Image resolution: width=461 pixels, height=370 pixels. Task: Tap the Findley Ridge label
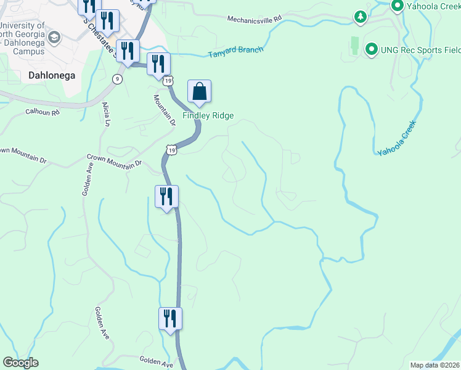207,115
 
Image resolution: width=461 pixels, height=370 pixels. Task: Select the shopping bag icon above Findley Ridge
199,92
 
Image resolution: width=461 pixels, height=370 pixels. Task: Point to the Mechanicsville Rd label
254,19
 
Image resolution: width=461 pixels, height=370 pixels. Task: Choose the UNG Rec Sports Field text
420,49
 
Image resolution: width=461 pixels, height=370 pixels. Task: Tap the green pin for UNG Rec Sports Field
372,49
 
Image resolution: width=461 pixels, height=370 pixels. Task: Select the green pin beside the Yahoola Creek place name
398,7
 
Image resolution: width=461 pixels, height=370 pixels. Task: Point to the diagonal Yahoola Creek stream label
398,137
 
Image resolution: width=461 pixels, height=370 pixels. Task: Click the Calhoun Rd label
42,112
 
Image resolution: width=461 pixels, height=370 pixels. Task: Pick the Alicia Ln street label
106,114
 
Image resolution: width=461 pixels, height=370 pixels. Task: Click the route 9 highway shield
116,78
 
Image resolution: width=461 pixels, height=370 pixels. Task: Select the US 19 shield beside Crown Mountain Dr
171,150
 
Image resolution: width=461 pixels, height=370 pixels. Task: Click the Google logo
20,363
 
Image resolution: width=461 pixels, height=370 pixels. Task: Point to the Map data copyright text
434,365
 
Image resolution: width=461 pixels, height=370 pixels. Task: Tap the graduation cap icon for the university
54,38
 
